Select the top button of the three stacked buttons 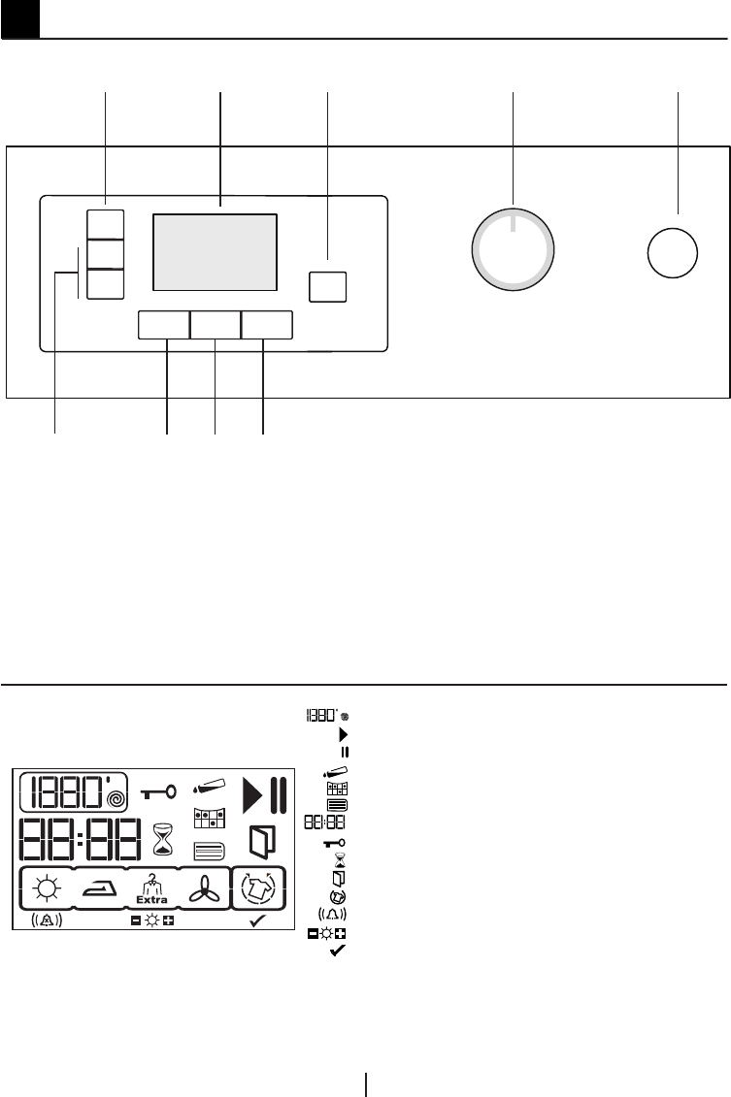(x=106, y=223)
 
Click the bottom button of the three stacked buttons (x=106, y=284)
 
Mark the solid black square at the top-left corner (x=19, y=18)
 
